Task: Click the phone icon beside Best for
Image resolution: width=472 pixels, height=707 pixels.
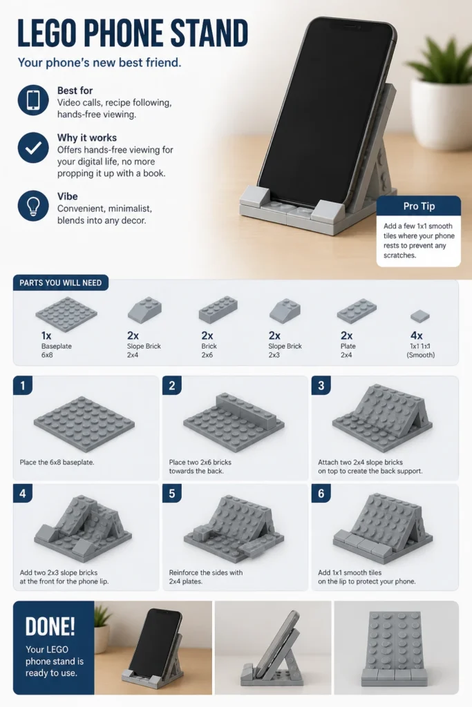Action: tap(33, 100)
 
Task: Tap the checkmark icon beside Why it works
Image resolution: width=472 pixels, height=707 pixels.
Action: tap(33, 148)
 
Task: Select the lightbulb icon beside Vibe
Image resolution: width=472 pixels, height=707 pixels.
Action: tap(33, 206)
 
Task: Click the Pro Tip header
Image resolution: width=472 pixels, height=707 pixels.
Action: tap(419, 206)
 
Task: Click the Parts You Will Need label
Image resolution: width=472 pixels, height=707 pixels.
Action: tap(60, 282)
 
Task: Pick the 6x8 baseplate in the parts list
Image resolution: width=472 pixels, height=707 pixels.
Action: tap(66, 314)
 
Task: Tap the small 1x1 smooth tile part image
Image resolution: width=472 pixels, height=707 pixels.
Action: tap(420, 316)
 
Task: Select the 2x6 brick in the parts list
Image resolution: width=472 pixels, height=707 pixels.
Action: tap(218, 310)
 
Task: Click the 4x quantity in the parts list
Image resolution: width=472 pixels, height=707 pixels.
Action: tap(417, 336)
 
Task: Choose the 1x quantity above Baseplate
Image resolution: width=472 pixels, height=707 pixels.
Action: tap(46, 336)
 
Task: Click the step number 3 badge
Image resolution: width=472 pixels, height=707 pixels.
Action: tap(321, 385)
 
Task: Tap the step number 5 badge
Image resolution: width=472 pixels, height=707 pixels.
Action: tap(172, 493)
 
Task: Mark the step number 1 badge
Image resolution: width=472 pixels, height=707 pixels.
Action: tap(23, 385)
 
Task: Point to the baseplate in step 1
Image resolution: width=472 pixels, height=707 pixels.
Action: tap(84, 424)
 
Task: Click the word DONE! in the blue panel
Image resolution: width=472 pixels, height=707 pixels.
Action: tap(50, 626)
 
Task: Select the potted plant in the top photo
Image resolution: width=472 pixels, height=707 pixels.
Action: tap(440, 99)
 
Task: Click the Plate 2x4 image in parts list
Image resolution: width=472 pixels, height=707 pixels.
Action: tap(357, 311)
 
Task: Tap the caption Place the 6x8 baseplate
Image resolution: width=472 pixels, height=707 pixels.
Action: tap(57, 462)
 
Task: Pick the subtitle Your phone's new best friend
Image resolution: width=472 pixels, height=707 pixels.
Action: tap(100, 62)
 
